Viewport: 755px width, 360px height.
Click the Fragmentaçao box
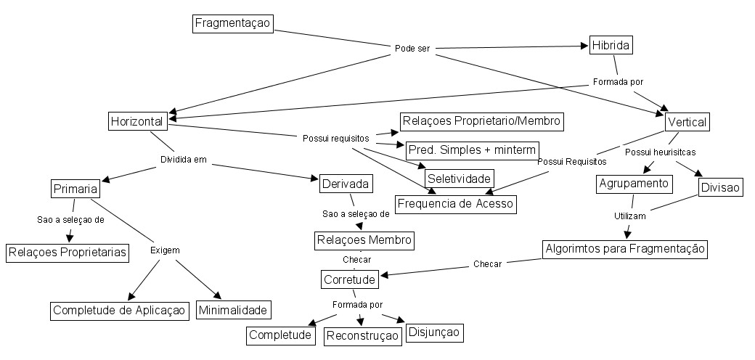pyautogui.click(x=232, y=23)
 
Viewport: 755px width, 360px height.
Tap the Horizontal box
pyautogui.click(x=136, y=121)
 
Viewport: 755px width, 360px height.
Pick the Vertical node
pyautogui.click(x=686, y=122)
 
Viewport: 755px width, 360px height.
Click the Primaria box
pyautogui.click(x=75, y=189)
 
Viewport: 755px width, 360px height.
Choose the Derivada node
pyautogui.click(x=346, y=184)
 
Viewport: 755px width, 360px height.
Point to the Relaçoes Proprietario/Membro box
pyautogui.click(x=481, y=120)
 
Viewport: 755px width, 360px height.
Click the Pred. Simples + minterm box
pyautogui.click(x=472, y=150)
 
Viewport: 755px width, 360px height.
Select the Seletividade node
pyautogui.click(x=459, y=178)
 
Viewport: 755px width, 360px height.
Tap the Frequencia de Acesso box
pyautogui.click(x=455, y=204)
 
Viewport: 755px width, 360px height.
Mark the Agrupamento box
pyautogui.click(x=634, y=184)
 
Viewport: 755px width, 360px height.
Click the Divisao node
pyautogui.click(x=720, y=187)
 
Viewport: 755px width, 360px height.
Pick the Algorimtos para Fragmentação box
pyautogui.click(x=624, y=249)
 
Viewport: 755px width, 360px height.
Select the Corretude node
pyautogui.click(x=348, y=279)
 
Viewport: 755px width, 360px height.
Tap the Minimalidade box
pyautogui.click(x=233, y=310)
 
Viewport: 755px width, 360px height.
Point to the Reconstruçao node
pyautogui.click(x=362, y=335)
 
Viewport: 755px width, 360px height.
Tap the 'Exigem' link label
pyautogui.click(x=165, y=250)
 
